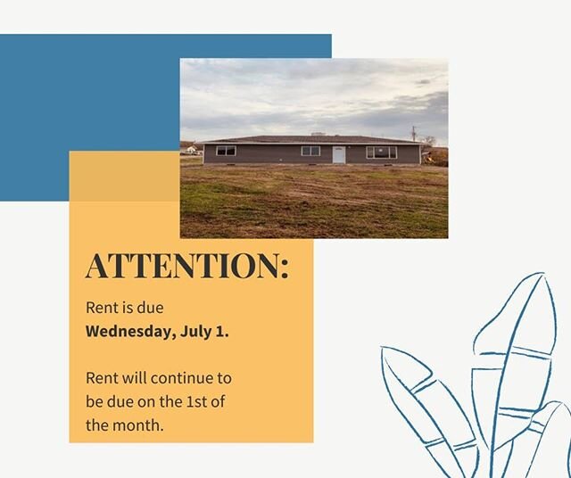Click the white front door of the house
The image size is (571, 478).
[339, 154]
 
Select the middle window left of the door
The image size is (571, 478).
[310, 151]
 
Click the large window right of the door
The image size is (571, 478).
[382, 152]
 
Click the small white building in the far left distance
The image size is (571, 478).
[190, 150]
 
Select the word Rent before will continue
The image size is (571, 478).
[102, 378]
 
